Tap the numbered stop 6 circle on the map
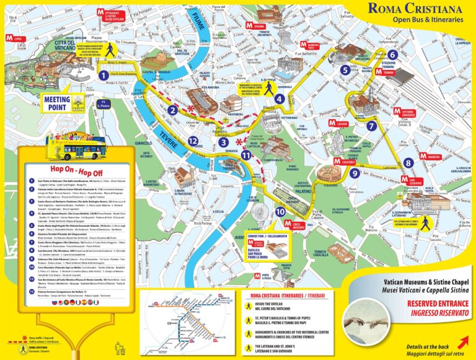[x=392, y=55]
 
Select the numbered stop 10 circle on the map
[x=280, y=212]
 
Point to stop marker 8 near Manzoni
[x=408, y=163]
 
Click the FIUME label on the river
[x=194, y=24]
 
